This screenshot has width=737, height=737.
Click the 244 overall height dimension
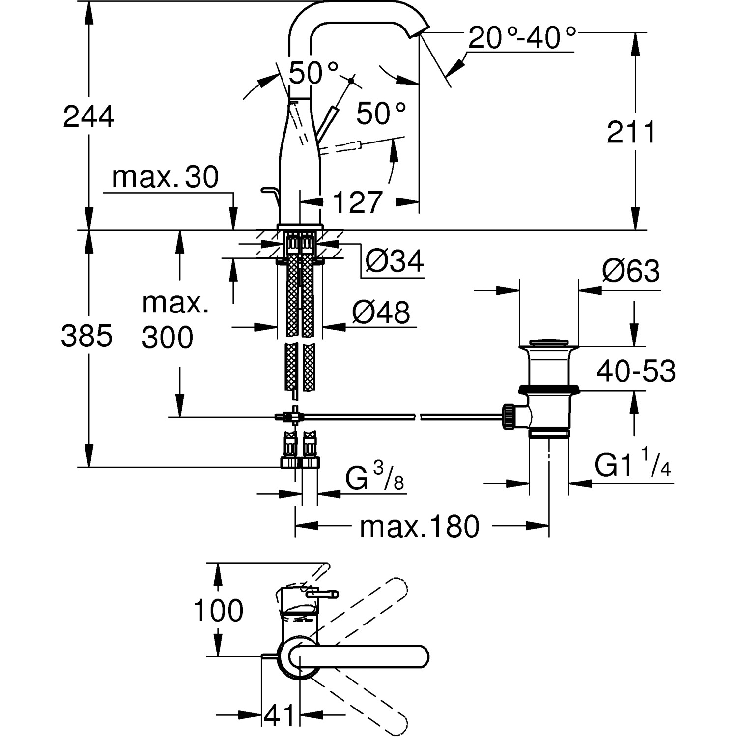88,117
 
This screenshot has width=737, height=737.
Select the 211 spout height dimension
631,133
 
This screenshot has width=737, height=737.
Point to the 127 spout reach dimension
357,202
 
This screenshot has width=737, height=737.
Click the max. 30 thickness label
165,177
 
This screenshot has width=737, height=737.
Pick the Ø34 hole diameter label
394,261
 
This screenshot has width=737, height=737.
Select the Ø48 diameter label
381,312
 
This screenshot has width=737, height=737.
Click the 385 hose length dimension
86,337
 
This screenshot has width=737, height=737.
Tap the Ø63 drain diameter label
631,271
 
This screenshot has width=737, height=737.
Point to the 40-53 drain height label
636,371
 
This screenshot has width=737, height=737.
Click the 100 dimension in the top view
218,611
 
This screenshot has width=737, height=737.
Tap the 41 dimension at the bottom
279,715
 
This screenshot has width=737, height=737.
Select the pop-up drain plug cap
548,341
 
